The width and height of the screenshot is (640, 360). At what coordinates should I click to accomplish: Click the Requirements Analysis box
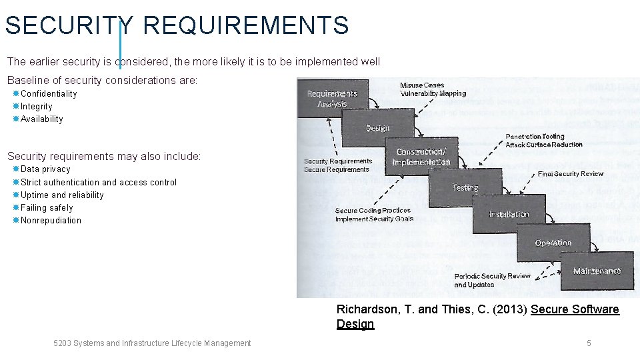click(332, 98)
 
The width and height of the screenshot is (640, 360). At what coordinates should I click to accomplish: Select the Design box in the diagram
click(377, 128)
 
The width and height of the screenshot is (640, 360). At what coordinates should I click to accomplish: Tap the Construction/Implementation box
click(421, 157)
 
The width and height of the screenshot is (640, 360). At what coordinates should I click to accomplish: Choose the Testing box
click(465, 187)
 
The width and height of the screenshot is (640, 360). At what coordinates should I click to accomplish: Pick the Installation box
click(509, 214)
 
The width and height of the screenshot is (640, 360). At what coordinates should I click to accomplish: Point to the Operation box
click(553, 243)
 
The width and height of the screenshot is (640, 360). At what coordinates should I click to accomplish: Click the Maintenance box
click(597, 271)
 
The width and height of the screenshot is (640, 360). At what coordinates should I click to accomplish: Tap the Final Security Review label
click(570, 174)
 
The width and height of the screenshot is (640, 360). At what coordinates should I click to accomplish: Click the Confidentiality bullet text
click(49, 94)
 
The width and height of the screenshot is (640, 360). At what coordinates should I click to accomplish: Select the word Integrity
click(36, 107)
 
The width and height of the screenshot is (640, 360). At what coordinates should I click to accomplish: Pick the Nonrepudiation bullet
click(51, 221)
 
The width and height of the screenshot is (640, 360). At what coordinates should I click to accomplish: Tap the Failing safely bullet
click(47, 208)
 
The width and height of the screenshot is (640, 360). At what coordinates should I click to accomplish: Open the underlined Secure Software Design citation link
click(575, 310)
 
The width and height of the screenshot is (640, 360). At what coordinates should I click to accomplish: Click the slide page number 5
click(589, 343)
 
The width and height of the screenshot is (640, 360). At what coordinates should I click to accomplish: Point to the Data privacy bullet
click(45, 169)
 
